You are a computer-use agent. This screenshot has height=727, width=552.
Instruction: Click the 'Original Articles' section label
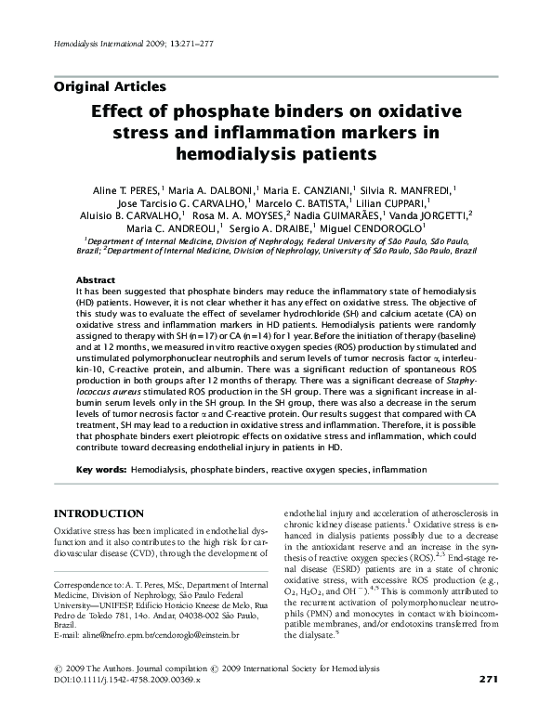click(111, 86)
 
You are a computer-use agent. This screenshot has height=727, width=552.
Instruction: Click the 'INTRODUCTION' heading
click(99, 513)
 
